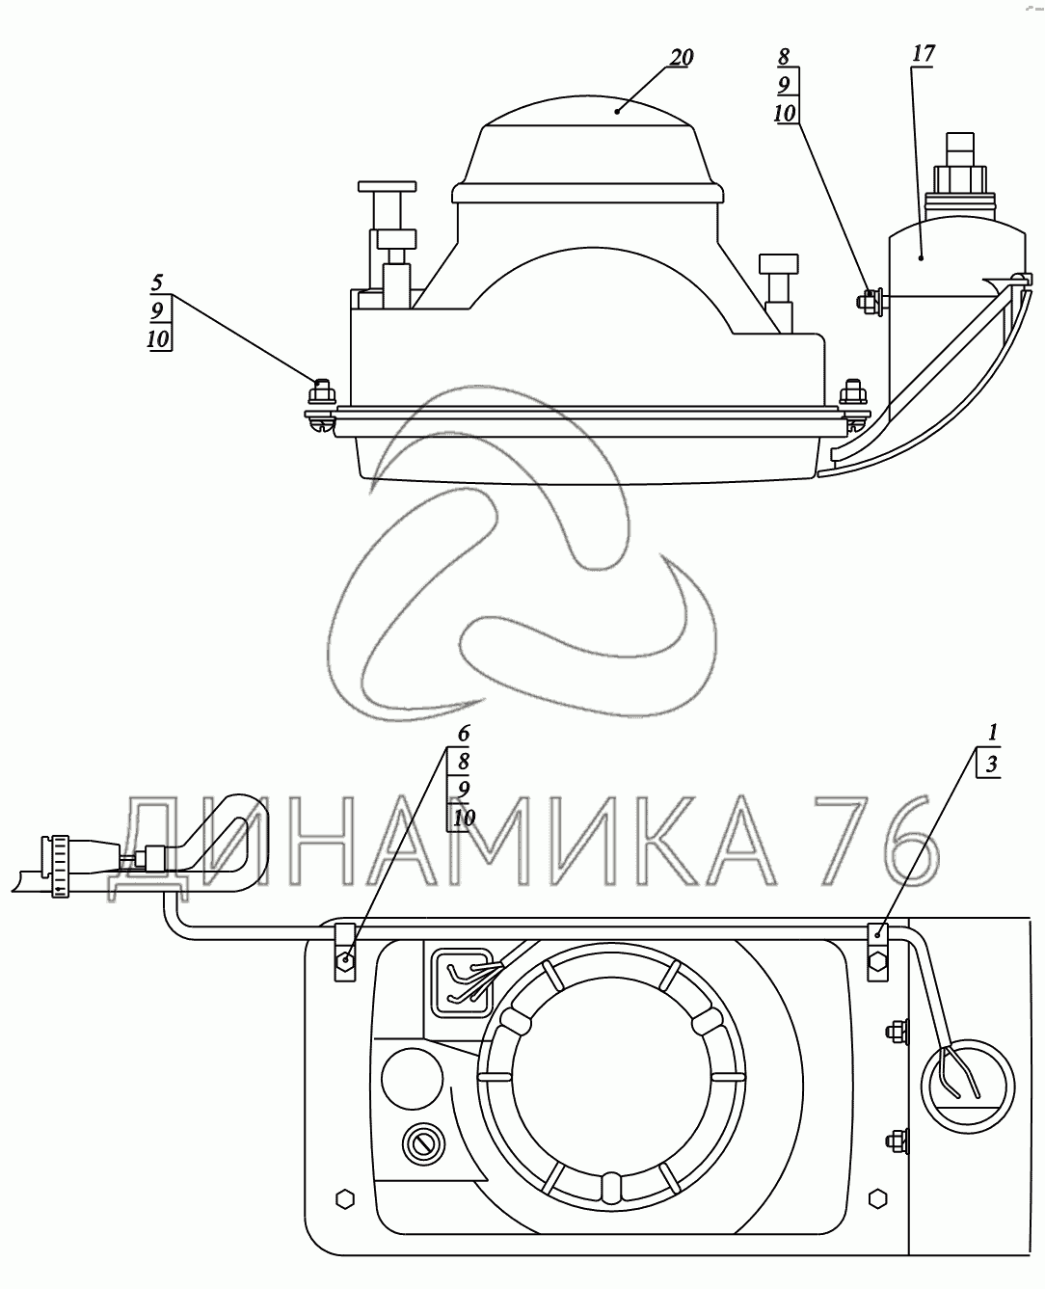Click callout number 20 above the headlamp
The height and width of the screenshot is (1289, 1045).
681,58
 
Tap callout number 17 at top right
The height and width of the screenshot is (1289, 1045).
923,54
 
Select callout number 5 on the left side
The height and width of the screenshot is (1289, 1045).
157,282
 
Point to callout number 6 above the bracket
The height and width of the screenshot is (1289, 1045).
463,734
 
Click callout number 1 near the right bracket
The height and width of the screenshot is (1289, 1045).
993,733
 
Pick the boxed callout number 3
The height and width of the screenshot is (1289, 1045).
991,764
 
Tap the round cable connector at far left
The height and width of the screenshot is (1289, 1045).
60,866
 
